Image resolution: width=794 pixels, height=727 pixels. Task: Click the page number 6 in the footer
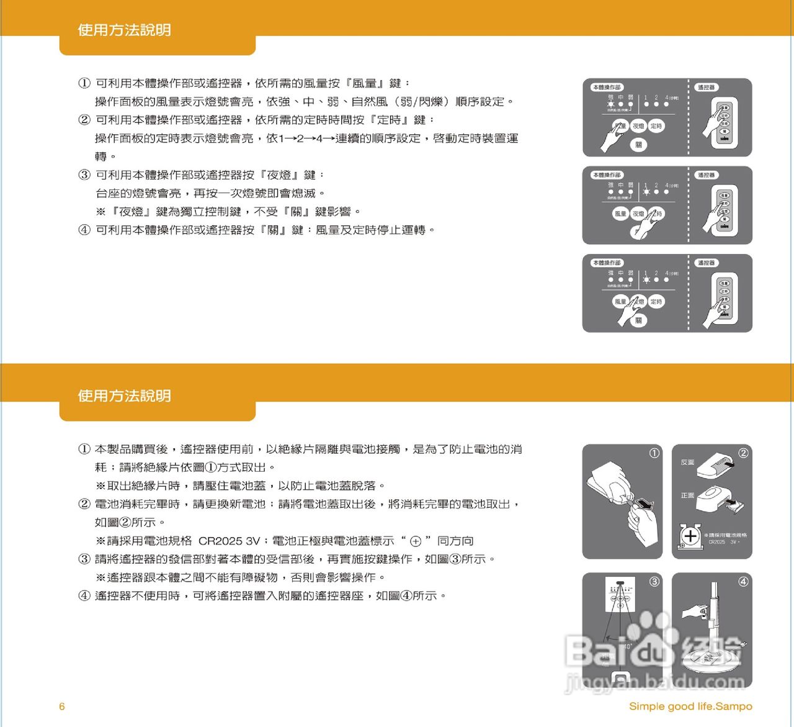click(x=61, y=706)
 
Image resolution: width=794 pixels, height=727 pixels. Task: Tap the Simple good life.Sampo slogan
click(x=690, y=706)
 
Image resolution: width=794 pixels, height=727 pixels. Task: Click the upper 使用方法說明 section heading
click(x=124, y=30)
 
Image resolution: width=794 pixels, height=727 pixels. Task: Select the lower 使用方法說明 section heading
click(x=124, y=395)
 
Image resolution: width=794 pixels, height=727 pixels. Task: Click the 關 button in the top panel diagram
click(x=638, y=145)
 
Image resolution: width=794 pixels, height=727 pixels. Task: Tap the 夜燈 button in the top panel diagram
click(x=638, y=126)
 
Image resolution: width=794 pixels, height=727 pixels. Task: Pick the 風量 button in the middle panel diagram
click(x=620, y=214)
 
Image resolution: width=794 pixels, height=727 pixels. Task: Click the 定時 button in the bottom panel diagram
click(x=656, y=302)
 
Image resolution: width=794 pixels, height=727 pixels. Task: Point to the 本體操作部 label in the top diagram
click(x=607, y=88)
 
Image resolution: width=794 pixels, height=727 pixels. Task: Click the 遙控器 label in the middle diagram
click(x=706, y=175)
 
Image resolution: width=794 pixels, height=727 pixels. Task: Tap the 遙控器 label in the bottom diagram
click(x=706, y=263)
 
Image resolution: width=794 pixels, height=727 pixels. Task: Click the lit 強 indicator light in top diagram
click(x=611, y=104)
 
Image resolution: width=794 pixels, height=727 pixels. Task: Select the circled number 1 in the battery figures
click(x=654, y=453)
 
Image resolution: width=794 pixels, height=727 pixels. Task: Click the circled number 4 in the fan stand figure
click(x=743, y=582)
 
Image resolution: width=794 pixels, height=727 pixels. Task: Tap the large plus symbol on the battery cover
click(x=690, y=535)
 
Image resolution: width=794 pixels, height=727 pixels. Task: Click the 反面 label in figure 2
click(x=687, y=463)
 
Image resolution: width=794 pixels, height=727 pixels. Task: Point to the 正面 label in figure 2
click(x=687, y=495)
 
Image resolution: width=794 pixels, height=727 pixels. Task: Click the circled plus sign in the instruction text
click(x=416, y=541)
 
